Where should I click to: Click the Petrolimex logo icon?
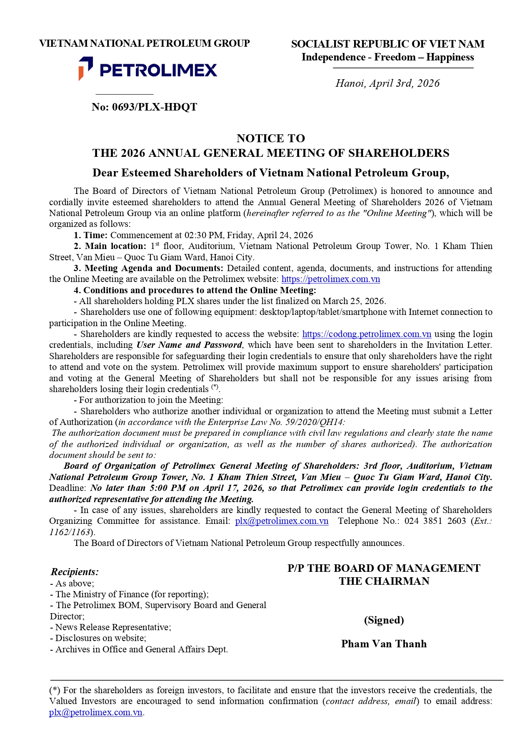tap(85, 68)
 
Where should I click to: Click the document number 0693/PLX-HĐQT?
tap(144, 107)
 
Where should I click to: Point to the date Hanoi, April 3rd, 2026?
tap(387, 83)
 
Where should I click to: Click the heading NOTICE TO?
tap(271, 138)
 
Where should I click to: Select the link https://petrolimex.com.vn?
tap(331, 279)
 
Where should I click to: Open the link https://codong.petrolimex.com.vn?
tap(367, 334)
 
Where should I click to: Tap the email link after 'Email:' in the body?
tap(282, 521)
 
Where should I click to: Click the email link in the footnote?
tap(96, 712)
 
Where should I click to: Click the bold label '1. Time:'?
tap(91, 235)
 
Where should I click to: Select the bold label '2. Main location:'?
tap(110, 246)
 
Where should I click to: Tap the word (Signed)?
tap(384, 620)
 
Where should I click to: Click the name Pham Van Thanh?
tap(384, 644)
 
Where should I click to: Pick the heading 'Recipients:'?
tap(75, 572)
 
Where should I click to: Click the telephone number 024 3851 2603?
tap(435, 521)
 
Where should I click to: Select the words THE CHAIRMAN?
tap(384, 581)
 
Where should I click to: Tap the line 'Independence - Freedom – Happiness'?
tap(387, 57)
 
